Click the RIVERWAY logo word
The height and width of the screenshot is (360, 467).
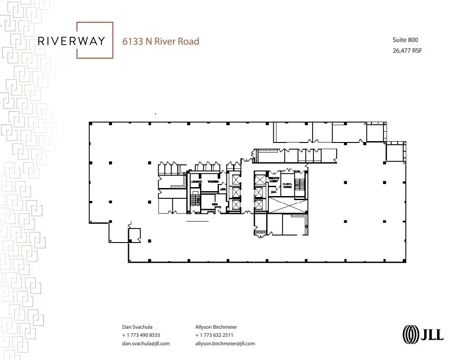[x=71, y=41]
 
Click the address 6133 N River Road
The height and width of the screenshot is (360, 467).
[x=161, y=41]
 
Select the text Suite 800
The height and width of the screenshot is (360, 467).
[x=405, y=40]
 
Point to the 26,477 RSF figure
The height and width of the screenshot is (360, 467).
[x=407, y=50]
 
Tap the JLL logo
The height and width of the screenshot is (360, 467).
[x=423, y=334]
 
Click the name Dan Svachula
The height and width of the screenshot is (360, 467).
[x=137, y=327]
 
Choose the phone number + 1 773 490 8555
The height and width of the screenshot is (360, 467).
[x=141, y=335]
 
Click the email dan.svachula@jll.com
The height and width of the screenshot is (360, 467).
[x=146, y=343]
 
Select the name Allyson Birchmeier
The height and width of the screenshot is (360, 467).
[x=216, y=327]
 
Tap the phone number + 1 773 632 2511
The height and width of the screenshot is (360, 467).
[x=214, y=335]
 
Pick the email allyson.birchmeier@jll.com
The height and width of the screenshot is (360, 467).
[x=225, y=343]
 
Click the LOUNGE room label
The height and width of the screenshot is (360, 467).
[x=196, y=182]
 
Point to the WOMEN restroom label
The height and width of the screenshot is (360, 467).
[x=213, y=182]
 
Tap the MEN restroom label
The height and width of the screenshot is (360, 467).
[x=215, y=204]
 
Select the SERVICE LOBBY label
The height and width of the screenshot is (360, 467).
[x=274, y=180]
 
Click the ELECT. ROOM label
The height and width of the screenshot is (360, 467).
[x=287, y=185]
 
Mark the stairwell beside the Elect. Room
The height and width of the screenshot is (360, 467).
[x=300, y=184]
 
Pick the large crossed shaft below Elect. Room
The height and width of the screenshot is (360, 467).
[x=288, y=206]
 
